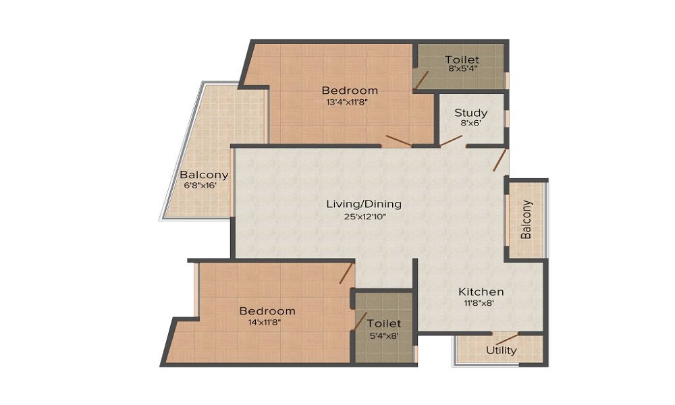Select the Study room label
[470, 113]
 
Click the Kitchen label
[481, 292]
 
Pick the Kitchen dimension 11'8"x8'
[481, 304]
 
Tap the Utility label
[502, 350]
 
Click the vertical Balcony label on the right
[526, 219]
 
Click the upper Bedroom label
[349, 90]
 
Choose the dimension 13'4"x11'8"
[349, 103]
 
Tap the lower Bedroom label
[267, 310]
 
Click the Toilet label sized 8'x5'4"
[462, 60]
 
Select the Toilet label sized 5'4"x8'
[384, 323]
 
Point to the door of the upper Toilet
[421, 80]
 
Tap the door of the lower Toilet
[360, 321]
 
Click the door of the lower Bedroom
[346, 273]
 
